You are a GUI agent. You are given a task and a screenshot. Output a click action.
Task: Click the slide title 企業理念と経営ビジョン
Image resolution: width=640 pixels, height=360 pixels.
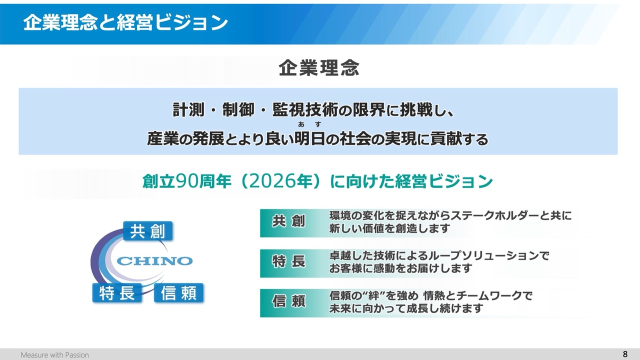point(125,22)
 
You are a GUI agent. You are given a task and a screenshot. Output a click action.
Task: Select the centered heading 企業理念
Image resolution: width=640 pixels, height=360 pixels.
point(319,68)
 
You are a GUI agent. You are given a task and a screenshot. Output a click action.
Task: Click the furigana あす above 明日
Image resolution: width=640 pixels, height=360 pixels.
point(309,124)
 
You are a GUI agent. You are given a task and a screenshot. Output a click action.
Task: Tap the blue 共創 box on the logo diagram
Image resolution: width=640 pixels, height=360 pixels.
point(147,231)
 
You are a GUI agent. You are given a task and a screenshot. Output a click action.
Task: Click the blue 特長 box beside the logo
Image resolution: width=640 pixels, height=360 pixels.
point(117,293)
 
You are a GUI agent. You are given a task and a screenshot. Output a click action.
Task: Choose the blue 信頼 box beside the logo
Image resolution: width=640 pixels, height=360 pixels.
point(179,293)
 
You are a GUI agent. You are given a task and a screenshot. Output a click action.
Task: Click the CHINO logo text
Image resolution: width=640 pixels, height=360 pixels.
point(154,261)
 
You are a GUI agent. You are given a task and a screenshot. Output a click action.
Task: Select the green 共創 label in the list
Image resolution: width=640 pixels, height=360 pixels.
point(288,221)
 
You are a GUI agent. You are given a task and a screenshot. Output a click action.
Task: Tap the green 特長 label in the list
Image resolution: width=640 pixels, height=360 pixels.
point(288,261)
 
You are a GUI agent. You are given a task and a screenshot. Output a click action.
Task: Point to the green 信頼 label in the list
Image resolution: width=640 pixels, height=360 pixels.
point(288,301)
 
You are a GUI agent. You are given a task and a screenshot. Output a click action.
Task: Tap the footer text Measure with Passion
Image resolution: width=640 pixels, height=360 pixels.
point(55,355)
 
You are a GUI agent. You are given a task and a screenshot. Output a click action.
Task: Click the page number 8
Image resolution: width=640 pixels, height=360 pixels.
point(625,354)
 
